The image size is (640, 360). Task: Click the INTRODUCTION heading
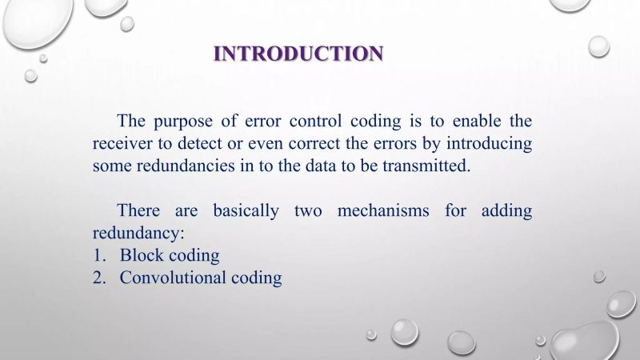[298, 54]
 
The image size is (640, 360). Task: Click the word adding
[506, 211]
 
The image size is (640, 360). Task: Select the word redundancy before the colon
[137, 234]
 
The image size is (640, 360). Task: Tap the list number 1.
[98, 256]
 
